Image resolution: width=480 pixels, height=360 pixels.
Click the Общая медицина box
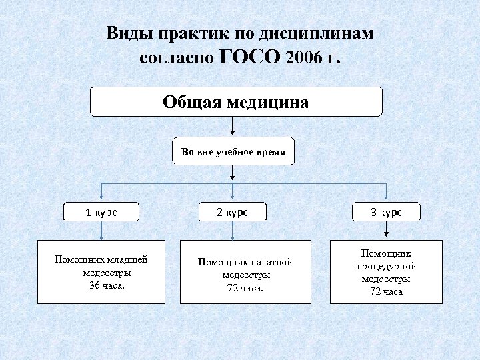[237, 102]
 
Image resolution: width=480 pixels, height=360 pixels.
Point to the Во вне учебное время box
[233, 153]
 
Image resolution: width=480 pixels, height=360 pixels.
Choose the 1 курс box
[101, 213]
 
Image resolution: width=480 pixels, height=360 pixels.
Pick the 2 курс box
[232, 213]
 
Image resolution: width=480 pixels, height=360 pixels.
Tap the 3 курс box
[386, 213]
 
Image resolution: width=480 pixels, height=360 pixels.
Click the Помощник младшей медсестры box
[101, 271]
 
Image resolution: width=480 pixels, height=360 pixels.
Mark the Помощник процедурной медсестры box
[387, 272]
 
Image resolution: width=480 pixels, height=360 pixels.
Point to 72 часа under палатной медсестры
[246, 288]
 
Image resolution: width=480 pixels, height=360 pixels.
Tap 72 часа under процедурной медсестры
[387, 291]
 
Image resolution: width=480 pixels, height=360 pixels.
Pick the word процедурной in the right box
[387, 267]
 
